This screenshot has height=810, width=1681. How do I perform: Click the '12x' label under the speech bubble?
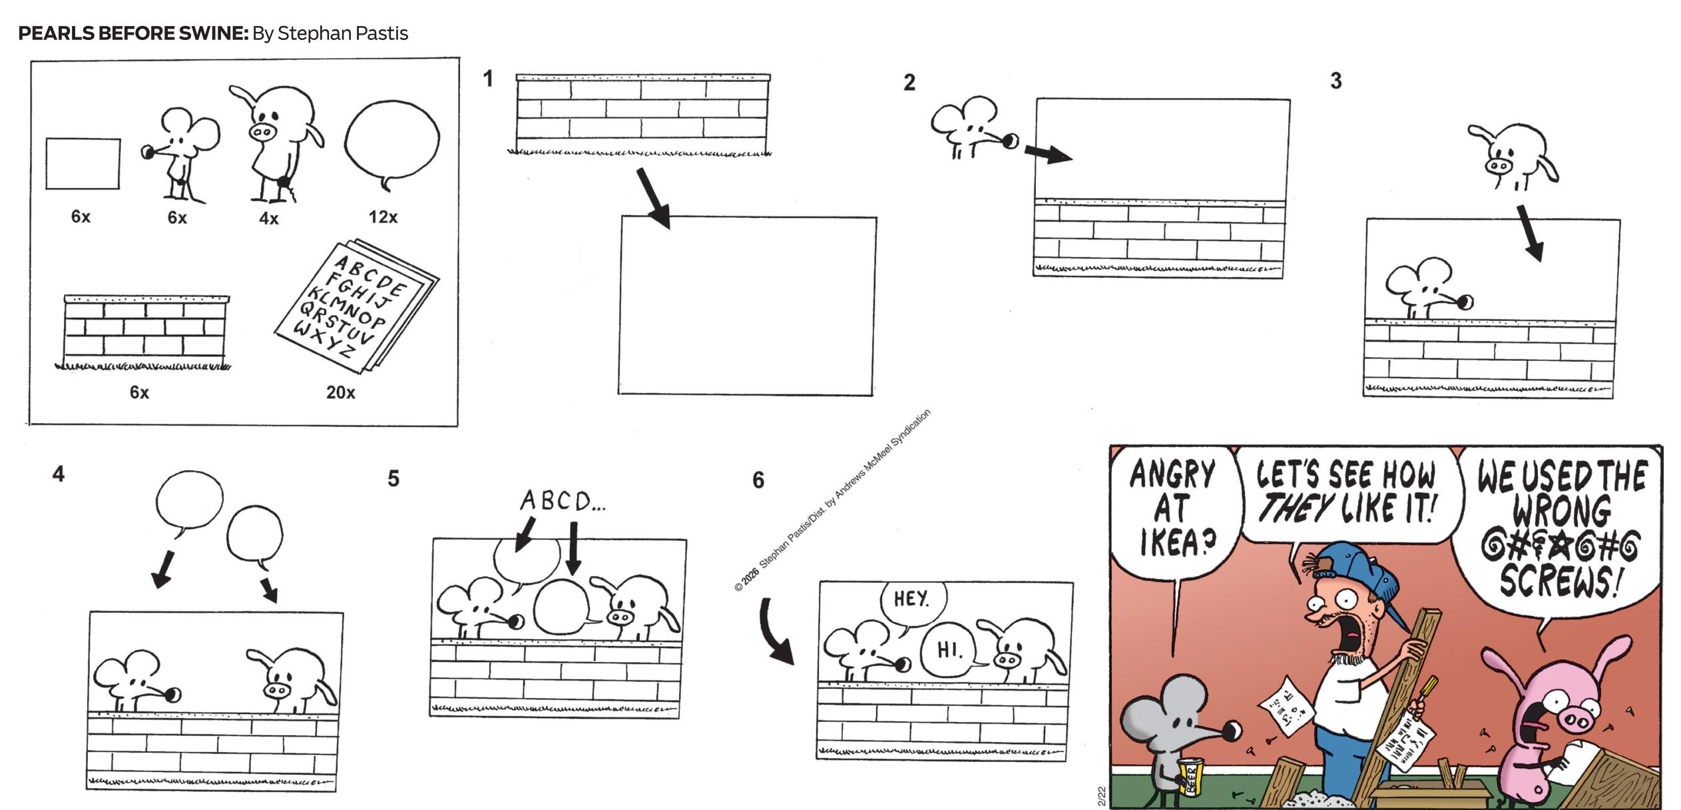pos(383,216)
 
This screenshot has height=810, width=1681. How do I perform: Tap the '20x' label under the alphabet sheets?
pos(340,392)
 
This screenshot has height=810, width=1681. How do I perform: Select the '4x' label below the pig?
pos(269,218)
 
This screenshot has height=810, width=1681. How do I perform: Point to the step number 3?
pos(1335,81)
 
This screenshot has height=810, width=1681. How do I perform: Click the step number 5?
pos(393,478)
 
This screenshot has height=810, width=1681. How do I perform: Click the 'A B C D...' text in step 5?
pos(563,501)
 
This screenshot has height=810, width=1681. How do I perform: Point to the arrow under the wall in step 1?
pos(653,198)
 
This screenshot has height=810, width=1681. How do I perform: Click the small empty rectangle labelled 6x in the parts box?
pos(83,163)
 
